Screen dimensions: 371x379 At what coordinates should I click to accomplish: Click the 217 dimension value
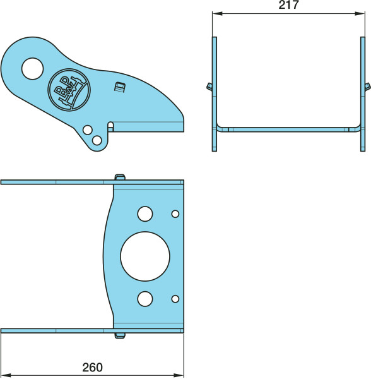tap(288, 5)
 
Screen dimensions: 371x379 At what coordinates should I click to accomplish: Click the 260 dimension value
tap(93, 368)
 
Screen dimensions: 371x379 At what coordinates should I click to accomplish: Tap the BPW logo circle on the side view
tap(69, 90)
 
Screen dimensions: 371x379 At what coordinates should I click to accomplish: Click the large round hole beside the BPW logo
tap(32, 69)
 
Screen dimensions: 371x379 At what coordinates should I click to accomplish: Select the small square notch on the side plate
tap(119, 87)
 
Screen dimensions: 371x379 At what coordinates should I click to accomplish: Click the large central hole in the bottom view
tap(145, 256)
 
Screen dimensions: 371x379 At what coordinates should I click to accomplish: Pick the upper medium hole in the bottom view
tap(145, 214)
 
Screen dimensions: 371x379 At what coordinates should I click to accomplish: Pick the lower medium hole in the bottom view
tap(145, 299)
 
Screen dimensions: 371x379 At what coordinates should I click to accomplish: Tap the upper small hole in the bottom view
tap(175, 214)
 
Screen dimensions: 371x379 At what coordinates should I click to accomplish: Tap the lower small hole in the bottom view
tap(175, 299)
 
